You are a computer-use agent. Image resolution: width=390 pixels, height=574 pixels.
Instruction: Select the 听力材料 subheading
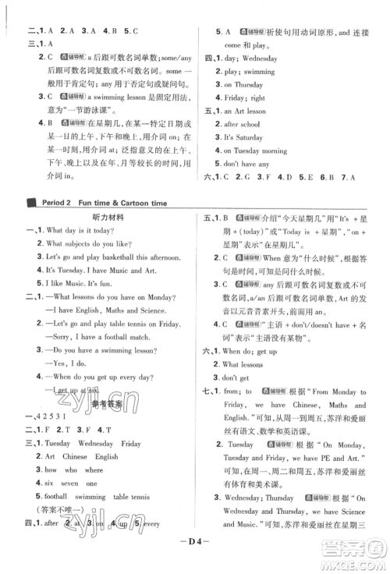tap(105, 220)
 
